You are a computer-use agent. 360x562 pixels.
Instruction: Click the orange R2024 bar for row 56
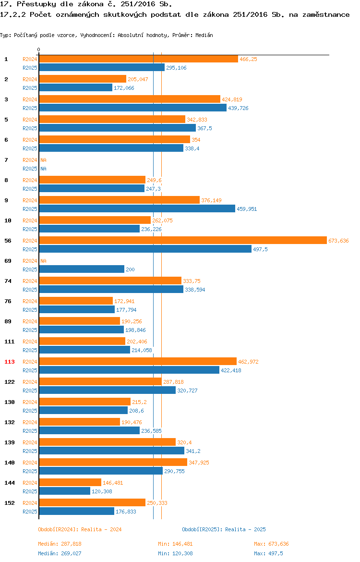pyautogui.click(x=183, y=241)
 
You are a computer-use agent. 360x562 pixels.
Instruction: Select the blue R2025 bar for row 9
pyautogui.click(x=137, y=209)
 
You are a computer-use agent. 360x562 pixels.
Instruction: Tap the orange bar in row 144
pyautogui.click(x=70, y=483)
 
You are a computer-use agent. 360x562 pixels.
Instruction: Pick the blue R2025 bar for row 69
pyautogui.click(x=82, y=269)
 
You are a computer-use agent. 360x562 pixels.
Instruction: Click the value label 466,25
pyautogui.click(x=248, y=59)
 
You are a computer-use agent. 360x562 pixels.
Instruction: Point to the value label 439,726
pyautogui.click(x=238, y=108)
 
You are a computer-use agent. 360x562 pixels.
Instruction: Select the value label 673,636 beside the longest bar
pyautogui.click(x=338, y=241)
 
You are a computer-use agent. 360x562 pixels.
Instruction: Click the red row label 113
pyautogui.click(x=9, y=362)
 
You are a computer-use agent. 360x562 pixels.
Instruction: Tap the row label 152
pyautogui.click(x=9, y=503)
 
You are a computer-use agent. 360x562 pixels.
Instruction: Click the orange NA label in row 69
pyautogui.click(x=43, y=261)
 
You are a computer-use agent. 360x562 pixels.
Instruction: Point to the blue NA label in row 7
pyautogui.click(x=43, y=169)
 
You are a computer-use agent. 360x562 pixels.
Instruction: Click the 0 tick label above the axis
pyautogui.click(x=39, y=50)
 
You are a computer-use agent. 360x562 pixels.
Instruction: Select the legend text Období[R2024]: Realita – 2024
pyautogui.click(x=80, y=530)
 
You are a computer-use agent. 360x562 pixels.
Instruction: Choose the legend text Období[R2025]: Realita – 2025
pyautogui.click(x=224, y=530)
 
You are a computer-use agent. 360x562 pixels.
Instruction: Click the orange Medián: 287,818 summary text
pyautogui.click(x=60, y=544)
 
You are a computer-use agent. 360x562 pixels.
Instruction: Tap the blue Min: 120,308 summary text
pyautogui.click(x=176, y=554)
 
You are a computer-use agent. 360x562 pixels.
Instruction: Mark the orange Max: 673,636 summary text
pyautogui.click(x=272, y=544)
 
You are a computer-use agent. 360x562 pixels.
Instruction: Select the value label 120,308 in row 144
pyautogui.click(x=102, y=492)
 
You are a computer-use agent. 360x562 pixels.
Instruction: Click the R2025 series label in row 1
pyautogui.click(x=30, y=68)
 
